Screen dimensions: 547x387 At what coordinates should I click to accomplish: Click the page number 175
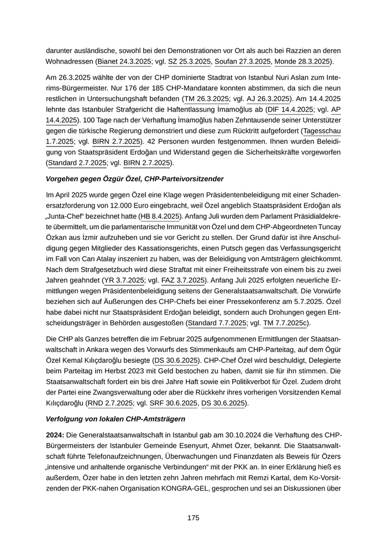pos(193,518)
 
